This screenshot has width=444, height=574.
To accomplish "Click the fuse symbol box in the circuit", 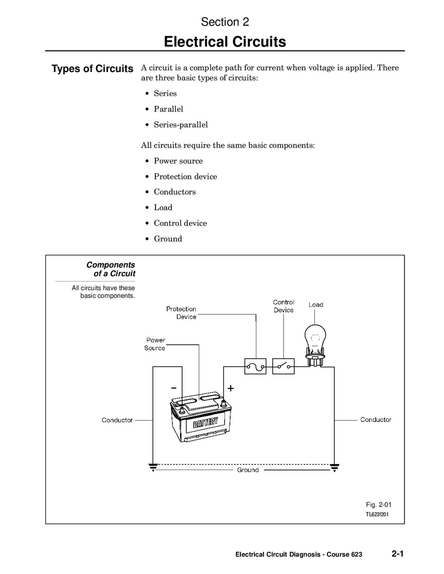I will (255, 366).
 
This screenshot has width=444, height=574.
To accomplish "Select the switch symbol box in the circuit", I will (283, 366).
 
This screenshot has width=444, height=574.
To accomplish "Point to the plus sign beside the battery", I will (231, 388).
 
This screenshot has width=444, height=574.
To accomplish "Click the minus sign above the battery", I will (173, 388).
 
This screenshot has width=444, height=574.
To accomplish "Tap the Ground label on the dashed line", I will (248, 470).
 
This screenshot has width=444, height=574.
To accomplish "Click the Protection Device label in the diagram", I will (181, 313).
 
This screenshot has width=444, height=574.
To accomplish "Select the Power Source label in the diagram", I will (155, 344).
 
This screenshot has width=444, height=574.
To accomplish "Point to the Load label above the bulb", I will (316, 305).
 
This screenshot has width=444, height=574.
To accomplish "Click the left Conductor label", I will (117, 420).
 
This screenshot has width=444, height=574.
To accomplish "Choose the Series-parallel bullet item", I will (181, 125).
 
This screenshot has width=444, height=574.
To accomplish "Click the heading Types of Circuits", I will (92, 69).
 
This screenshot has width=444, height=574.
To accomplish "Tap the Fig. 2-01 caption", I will (378, 505).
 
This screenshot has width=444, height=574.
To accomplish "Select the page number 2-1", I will (398, 554).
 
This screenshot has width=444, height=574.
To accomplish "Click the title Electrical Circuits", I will (225, 42).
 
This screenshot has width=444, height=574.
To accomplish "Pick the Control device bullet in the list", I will (180, 223).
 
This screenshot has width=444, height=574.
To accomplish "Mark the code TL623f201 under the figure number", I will (377, 514).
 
